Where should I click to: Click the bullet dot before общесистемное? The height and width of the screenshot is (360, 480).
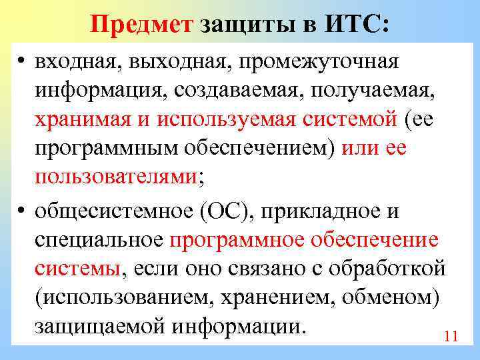pos(23,211)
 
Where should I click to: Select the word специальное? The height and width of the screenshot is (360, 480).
pos(99,240)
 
